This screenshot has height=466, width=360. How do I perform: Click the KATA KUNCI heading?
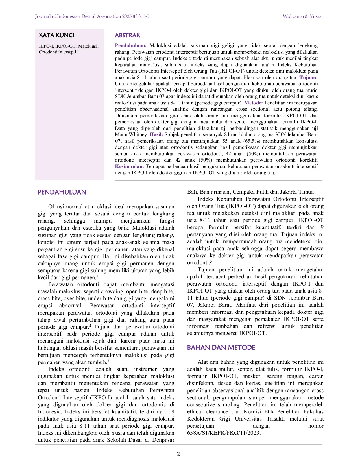coord(56,35)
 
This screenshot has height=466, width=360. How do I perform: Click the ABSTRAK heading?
coord(127,35)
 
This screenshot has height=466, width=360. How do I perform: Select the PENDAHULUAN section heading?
coord(62,192)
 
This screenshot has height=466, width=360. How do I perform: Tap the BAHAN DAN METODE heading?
coord(221,348)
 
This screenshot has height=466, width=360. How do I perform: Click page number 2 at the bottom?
coord(178,454)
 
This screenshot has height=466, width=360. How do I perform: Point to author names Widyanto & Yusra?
coord(302,16)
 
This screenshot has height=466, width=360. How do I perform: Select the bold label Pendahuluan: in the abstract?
coord(130,45)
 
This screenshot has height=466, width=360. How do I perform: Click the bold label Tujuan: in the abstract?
coord(308,77)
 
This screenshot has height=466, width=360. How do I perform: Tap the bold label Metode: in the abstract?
coord(253,103)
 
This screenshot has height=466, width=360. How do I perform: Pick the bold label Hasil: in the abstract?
coord(156,134)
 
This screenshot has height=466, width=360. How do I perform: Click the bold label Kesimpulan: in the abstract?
coord(129,166)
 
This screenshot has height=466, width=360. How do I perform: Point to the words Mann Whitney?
coord(131,134)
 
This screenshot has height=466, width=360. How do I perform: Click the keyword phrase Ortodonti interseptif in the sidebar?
coord(58,52)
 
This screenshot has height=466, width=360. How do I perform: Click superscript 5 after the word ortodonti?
coord(211,261)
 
